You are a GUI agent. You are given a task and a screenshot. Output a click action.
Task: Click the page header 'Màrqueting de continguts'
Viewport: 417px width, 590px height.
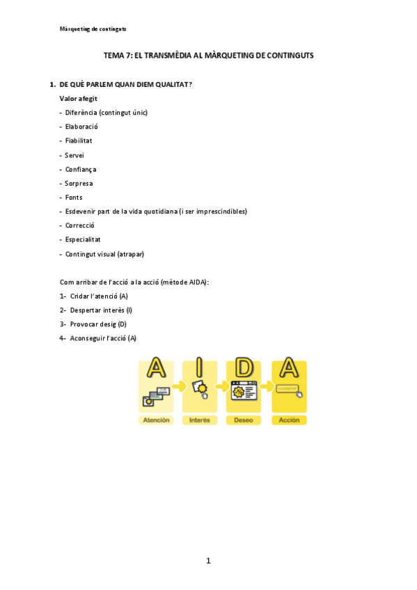(93, 29)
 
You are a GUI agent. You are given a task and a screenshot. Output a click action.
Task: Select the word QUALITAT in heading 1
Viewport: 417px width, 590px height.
(172, 85)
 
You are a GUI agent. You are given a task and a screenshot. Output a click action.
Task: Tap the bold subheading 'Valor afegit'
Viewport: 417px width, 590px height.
(79, 99)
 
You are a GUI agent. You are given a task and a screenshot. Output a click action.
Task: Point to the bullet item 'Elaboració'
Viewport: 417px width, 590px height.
(81, 127)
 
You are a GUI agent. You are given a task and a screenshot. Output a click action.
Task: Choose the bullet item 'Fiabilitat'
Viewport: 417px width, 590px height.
(79, 141)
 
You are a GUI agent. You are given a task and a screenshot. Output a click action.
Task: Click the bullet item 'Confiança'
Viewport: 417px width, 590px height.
(81, 169)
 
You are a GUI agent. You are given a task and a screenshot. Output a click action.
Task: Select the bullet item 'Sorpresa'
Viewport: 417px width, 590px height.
(79, 183)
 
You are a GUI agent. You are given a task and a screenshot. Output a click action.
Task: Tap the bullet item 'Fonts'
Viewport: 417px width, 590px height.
(74, 197)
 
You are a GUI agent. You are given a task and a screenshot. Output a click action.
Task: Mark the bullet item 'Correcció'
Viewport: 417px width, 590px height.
(79, 225)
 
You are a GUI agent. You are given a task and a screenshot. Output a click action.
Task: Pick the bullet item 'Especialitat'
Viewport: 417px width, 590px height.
(83, 239)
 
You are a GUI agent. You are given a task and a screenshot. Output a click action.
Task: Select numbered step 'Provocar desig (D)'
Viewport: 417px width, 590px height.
(98, 324)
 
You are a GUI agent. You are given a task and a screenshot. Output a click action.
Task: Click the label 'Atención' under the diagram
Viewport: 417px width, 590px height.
(156, 420)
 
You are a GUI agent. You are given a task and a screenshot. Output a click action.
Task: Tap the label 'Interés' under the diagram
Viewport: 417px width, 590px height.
(200, 420)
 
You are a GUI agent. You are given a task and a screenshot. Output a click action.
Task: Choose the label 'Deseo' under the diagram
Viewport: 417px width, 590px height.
(244, 420)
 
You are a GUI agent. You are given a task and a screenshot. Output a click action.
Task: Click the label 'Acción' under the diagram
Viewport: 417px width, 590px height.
(289, 420)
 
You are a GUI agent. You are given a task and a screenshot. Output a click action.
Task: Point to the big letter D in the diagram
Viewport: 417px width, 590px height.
(244, 369)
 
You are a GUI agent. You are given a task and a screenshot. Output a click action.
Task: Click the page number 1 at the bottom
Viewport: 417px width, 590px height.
(208, 561)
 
